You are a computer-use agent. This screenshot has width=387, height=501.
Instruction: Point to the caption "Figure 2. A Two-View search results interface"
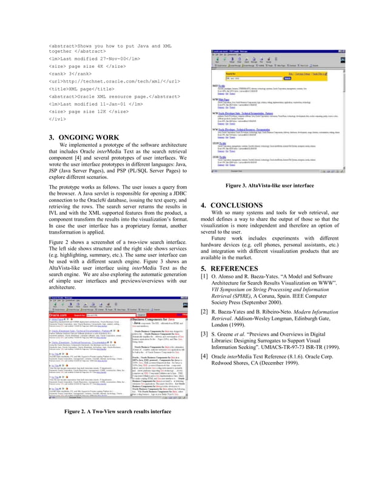[118, 411]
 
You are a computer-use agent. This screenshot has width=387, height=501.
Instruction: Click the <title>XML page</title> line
[84, 88]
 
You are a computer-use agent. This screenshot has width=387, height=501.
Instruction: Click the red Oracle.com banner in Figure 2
[57, 314]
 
